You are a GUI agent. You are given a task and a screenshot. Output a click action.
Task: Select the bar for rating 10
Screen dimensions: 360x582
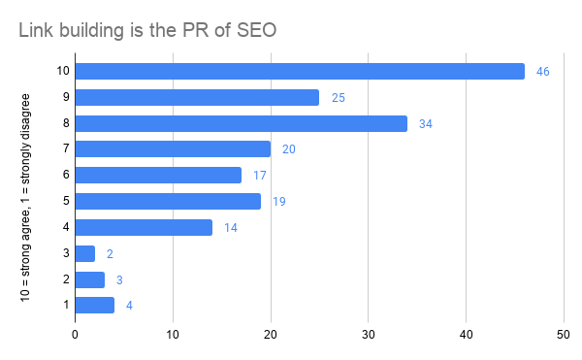click(300, 71)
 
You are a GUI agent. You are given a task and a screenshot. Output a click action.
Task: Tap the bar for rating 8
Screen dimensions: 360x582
click(241, 123)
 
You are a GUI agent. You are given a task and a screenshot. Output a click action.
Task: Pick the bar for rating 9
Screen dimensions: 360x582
click(197, 97)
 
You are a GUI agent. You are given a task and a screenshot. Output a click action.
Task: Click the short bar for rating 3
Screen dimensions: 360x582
click(85, 254)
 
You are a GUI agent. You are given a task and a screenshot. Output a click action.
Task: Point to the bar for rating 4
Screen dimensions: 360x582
click(144, 228)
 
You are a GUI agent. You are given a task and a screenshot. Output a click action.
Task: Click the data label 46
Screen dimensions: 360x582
click(542, 72)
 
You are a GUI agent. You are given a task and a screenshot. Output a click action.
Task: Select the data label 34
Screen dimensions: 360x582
click(425, 124)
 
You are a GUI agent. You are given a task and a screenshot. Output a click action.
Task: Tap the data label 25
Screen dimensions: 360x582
click(337, 98)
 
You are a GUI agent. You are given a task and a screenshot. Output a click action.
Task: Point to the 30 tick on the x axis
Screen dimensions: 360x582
click(369, 336)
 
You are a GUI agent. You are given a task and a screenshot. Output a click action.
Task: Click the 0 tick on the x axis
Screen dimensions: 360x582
click(76, 336)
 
